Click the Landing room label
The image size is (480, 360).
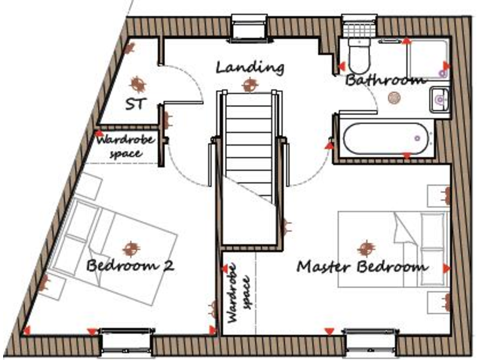[250, 67]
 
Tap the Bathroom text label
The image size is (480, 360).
[385, 81]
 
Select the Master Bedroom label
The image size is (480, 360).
[362, 267]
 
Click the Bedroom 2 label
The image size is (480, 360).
[130, 266]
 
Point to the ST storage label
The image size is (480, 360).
[136, 104]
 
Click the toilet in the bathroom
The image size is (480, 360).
[359, 56]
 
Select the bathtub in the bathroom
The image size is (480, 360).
[384, 137]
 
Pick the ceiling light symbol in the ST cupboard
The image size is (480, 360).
[137, 82]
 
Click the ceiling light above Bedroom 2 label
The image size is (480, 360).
[130, 249]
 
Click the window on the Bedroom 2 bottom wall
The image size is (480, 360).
[127, 341]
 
